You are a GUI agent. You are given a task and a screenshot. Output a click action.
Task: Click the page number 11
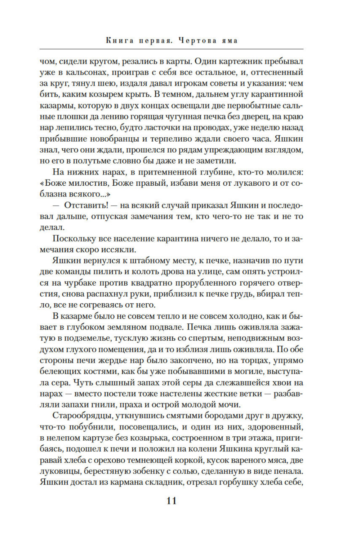(x=172, y=501)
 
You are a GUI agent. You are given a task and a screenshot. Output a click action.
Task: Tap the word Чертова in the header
(x=198, y=40)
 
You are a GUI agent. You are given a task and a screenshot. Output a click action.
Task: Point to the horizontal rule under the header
(x=171, y=49)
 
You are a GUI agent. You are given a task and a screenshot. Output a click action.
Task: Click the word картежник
(x=244, y=61)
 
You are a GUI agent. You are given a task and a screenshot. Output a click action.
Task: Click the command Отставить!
(x=86, y=206)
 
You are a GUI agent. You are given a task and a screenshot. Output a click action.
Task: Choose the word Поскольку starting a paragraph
(x=74, y=239)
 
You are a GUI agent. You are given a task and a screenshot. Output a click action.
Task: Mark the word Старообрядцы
(x=83, y=416)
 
